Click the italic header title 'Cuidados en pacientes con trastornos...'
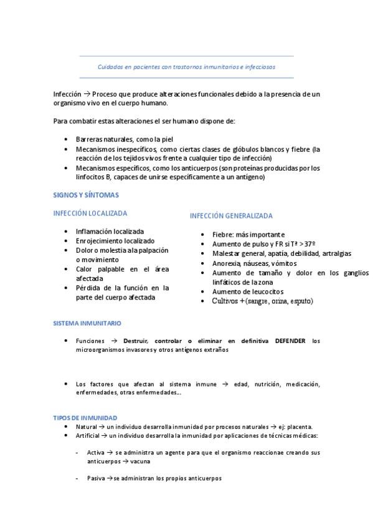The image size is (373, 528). [186, 65]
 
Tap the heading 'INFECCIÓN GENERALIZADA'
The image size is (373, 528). [231, 216]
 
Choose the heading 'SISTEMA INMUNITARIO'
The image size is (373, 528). [87, 324]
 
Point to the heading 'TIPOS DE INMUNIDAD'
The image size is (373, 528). [85, 417]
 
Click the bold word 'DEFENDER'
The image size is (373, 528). [290, 341]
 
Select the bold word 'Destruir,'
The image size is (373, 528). [136, 341]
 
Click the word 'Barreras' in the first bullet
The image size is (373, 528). [88, 139]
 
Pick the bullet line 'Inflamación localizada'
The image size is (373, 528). [110, 232]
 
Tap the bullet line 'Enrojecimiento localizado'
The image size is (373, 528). [115, 241]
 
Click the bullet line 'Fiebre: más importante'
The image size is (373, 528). [248, 235]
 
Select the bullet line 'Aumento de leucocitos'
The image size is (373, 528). [248, 291]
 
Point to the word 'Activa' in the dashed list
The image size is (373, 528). [97, 453]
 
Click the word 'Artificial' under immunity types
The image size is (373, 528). [87, 436]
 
